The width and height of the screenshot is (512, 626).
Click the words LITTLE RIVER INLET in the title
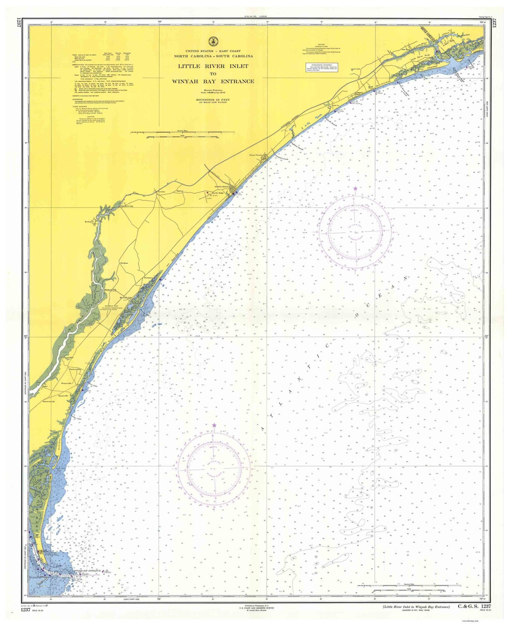pyautogui.click(x=213, y=66)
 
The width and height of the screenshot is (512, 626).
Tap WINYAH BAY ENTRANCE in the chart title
pyautogui.click(x=213, y=81)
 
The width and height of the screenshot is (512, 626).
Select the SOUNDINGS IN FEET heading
pyautogui.click(x=213, y=100)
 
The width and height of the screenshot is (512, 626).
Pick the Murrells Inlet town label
pyautogui.click(x=126, y=298)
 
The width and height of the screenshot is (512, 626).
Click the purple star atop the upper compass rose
pyautogui.click(x=355, y=189)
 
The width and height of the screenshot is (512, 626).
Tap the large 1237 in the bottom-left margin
pyautogui.click(x=26, y=610)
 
